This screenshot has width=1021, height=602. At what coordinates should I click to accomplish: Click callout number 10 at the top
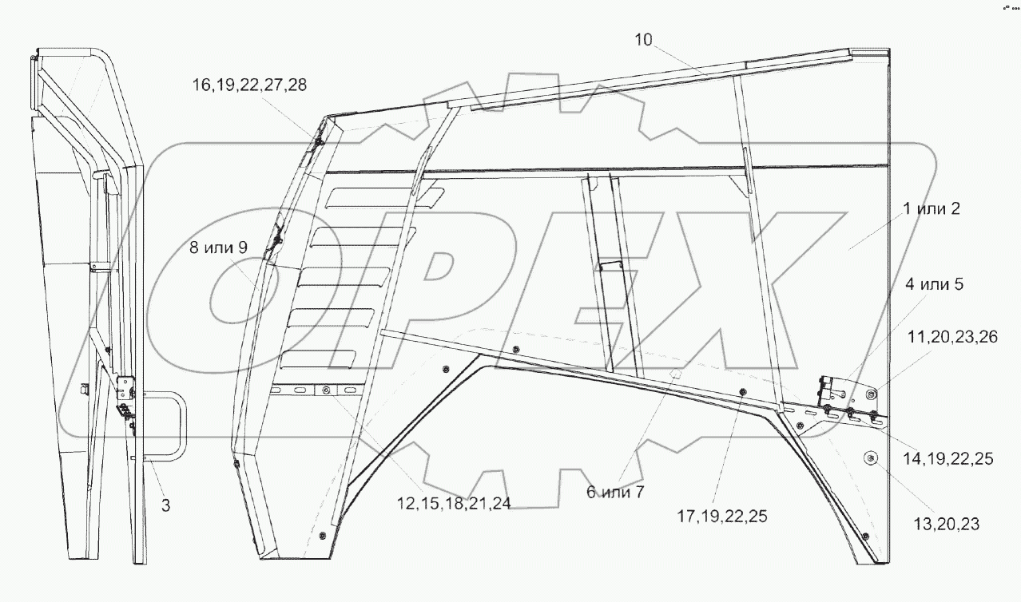[x=644, y=40]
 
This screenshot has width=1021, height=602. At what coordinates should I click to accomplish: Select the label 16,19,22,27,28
[x=249, y=85]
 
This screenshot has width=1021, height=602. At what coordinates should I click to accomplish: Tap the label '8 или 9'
[x=218, y=248]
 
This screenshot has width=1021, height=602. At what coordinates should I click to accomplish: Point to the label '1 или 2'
[x=932, y=209]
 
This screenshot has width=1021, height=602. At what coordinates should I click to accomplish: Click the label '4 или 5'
[x=935, y=284]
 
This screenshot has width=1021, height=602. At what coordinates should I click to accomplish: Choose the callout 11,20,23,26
[x=952, y=338]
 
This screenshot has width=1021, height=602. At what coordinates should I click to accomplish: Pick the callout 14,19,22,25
[x=948, y=459]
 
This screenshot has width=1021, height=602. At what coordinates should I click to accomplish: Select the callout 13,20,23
[x=947, y=525]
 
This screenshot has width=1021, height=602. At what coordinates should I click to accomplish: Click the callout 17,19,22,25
[x=722, y=517]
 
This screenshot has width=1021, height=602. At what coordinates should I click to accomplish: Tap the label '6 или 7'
[x=615, y=493]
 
